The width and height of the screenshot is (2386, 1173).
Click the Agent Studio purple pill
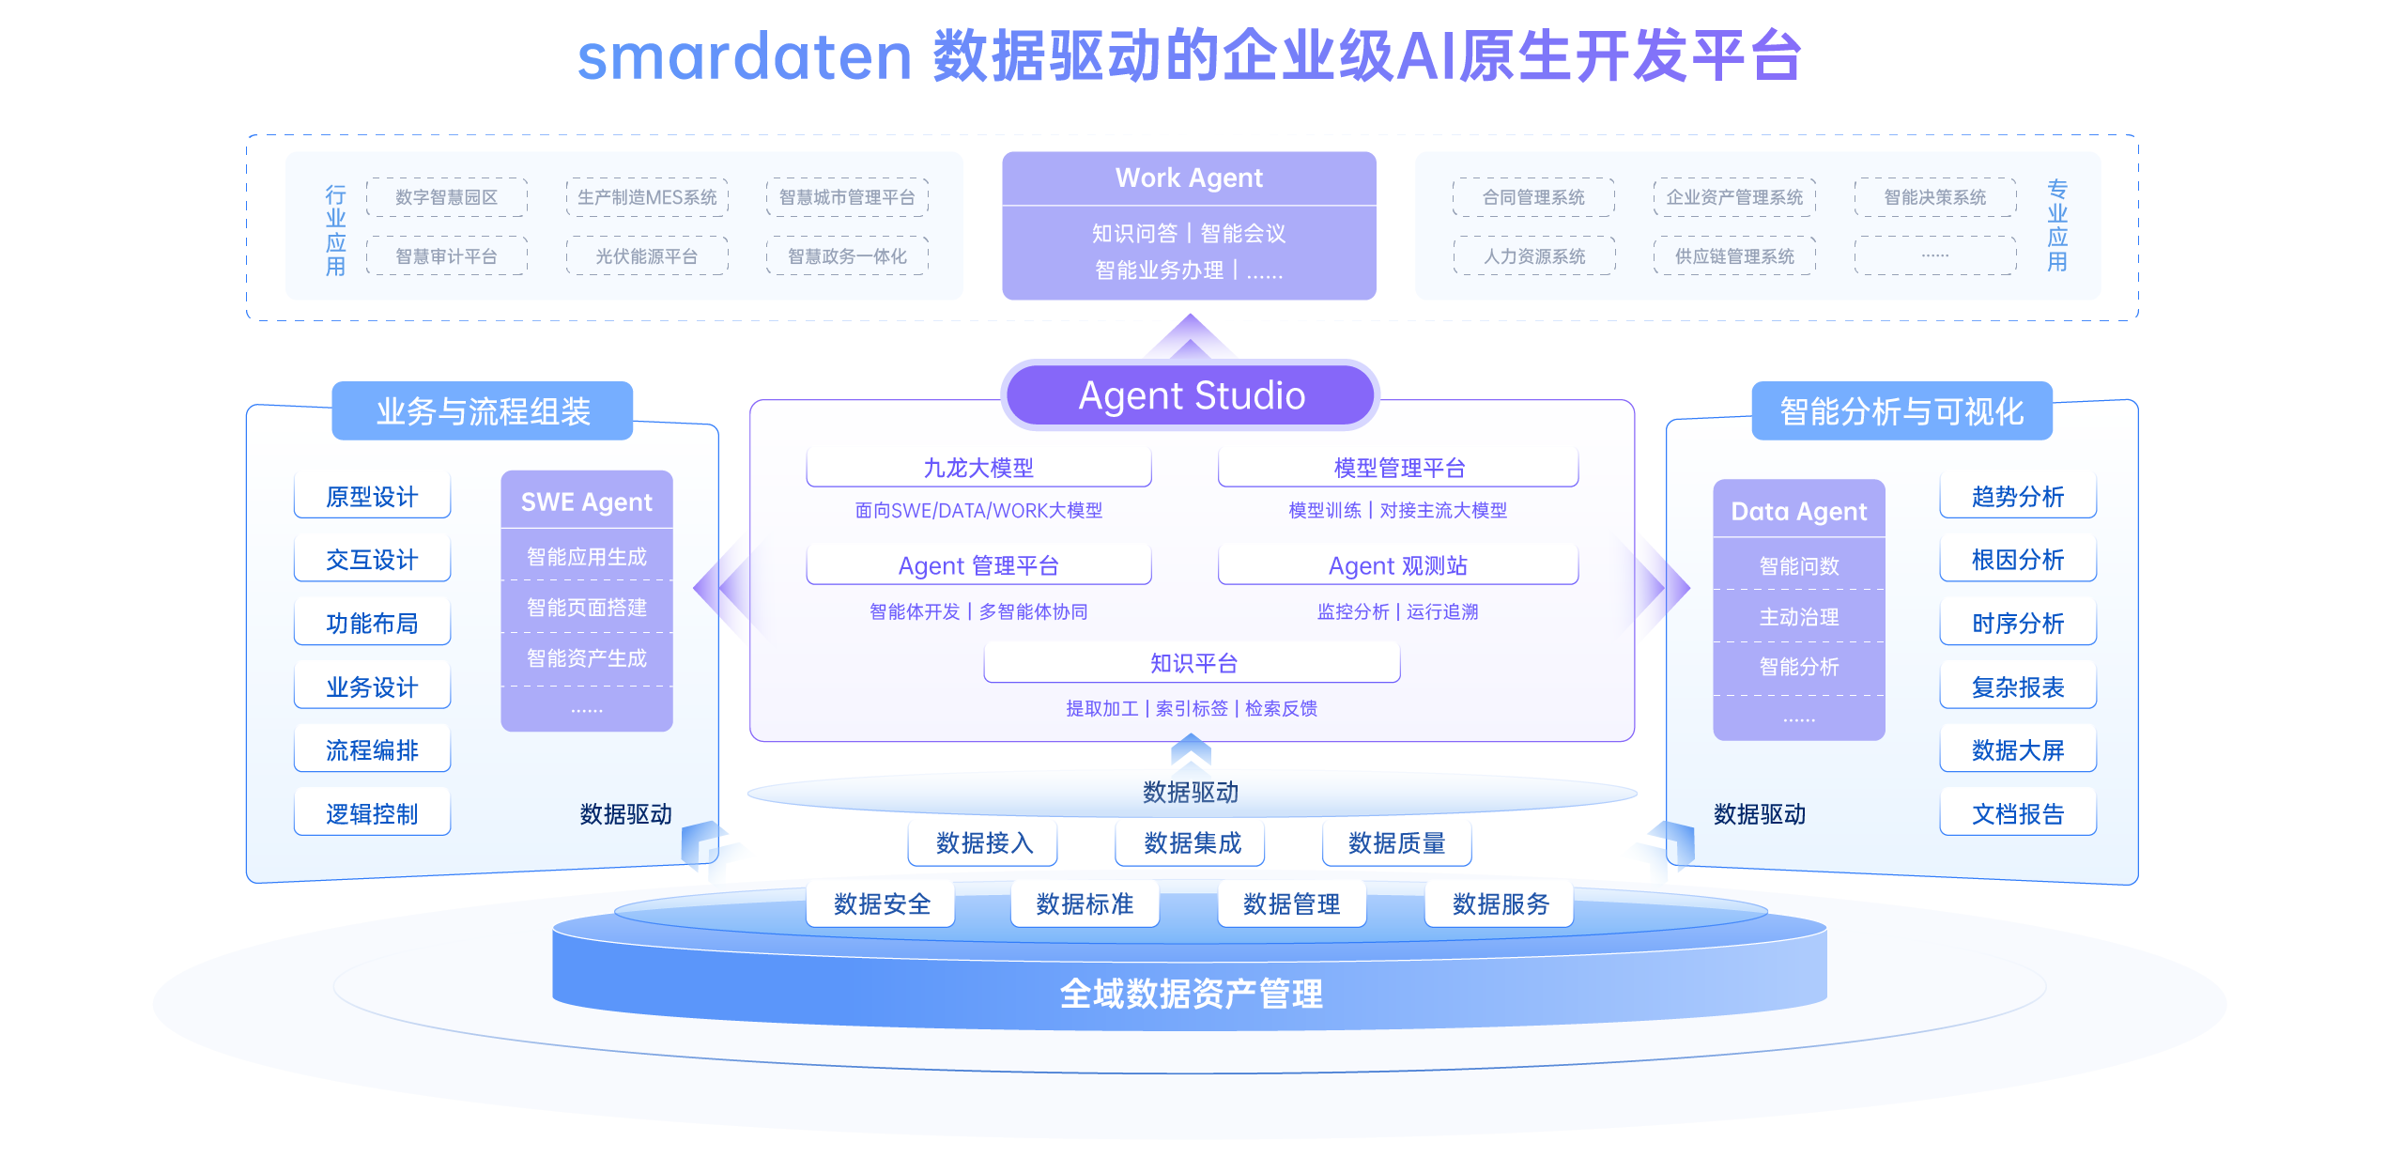click(1191, 395)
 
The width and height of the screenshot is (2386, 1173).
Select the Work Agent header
click(1189, 177)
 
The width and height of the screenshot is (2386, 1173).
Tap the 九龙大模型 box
click(978, 468)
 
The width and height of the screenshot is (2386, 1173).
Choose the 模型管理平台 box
click(1398, 468)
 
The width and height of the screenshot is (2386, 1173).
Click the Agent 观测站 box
click(1397, 565)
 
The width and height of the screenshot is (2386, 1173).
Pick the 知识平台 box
click(1193, 663)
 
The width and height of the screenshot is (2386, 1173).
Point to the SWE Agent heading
click(587, 502)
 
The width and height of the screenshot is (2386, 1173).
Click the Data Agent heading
click(1798, 511)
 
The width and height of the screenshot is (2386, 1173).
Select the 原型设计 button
click(372, 497)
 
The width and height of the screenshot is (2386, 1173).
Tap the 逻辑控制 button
click(372, 813)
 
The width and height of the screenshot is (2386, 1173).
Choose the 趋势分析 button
click(2018, 497)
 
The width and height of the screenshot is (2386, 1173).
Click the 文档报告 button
click(2018, 813)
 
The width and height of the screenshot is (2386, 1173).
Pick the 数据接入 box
click(984, 842)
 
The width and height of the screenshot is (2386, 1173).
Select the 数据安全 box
click(882, 903)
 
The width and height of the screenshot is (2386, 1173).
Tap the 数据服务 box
click(1500, 903)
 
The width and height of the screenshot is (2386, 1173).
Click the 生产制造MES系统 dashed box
click(647, 197)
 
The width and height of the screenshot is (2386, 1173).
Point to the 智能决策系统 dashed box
click(1934, 197)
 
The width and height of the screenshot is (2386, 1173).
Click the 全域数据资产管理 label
click(1191, 993)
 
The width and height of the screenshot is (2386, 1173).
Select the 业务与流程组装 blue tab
click(483, 411)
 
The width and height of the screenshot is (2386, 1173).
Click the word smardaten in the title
click(744, 56)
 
